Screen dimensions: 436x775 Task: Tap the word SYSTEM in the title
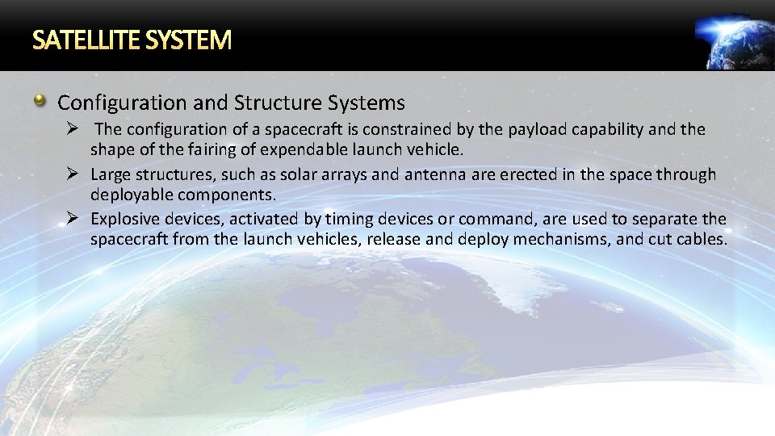(x=190, y=40)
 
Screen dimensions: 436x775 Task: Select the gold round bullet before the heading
(x=40, y=102)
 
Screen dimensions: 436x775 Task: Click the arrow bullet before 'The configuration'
(x=72, y=129)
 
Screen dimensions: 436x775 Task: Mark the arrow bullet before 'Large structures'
(x=72, y=174)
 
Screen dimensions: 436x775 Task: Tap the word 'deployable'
(x=132, y=195)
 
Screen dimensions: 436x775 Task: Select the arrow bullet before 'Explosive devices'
(x=72, y=220)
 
